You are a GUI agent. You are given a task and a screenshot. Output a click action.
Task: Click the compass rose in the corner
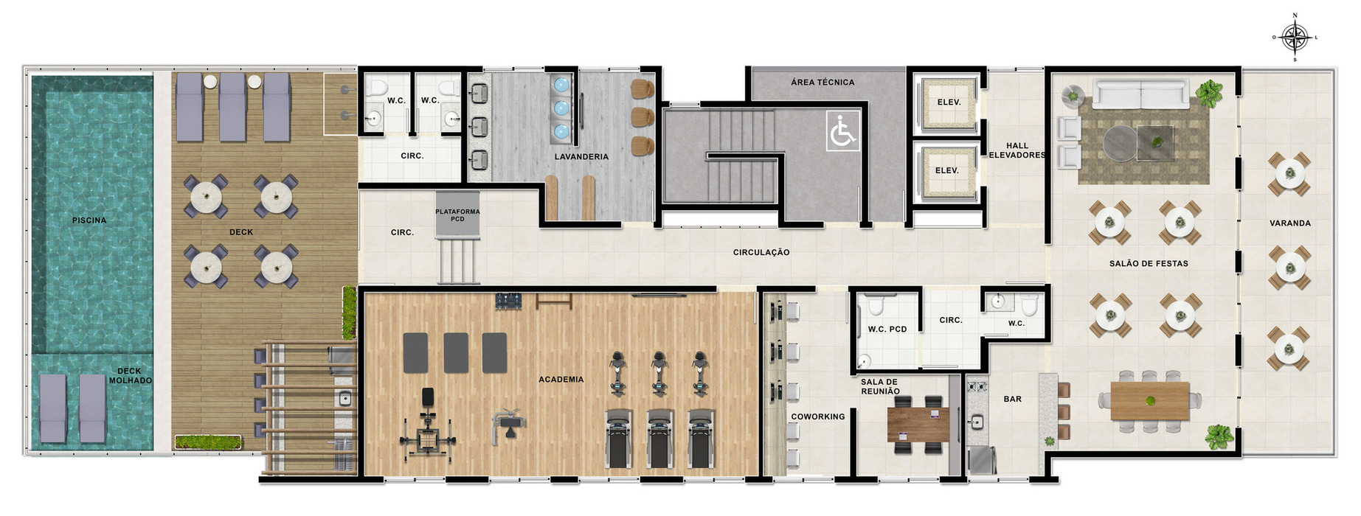(1295, 37)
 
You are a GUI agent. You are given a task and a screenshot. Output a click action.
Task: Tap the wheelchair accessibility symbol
(842, 130)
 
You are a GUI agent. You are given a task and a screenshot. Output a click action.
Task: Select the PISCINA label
(89, 220)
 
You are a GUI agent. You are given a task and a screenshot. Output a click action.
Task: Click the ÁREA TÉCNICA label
(823, 83)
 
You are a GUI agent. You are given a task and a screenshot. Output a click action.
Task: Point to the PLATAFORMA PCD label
(457, 215)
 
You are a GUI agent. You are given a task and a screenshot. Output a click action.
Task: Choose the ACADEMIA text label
(561, 380)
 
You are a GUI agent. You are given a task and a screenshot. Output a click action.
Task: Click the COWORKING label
(818, 416)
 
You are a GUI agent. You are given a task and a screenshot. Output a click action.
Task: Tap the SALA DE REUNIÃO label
(880, 387)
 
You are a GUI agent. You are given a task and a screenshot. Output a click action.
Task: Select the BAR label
(1013, 399)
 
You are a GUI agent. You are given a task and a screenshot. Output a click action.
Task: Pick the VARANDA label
(1290, 223)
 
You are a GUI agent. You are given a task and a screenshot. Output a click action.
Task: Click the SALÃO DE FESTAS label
(1149, 263)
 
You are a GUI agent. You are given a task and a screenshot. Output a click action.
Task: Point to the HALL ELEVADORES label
(1017, 150)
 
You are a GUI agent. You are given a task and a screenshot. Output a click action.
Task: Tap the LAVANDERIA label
(582, 156)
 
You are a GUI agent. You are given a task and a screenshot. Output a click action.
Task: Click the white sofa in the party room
(1141, 94)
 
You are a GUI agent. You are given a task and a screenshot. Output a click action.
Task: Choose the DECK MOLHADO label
(131, 376)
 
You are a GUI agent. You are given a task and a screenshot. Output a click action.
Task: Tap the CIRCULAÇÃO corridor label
(761, 252)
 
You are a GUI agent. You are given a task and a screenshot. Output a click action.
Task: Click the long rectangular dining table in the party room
(1150, 401)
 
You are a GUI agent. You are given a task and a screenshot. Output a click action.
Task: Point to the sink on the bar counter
(977, 422)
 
